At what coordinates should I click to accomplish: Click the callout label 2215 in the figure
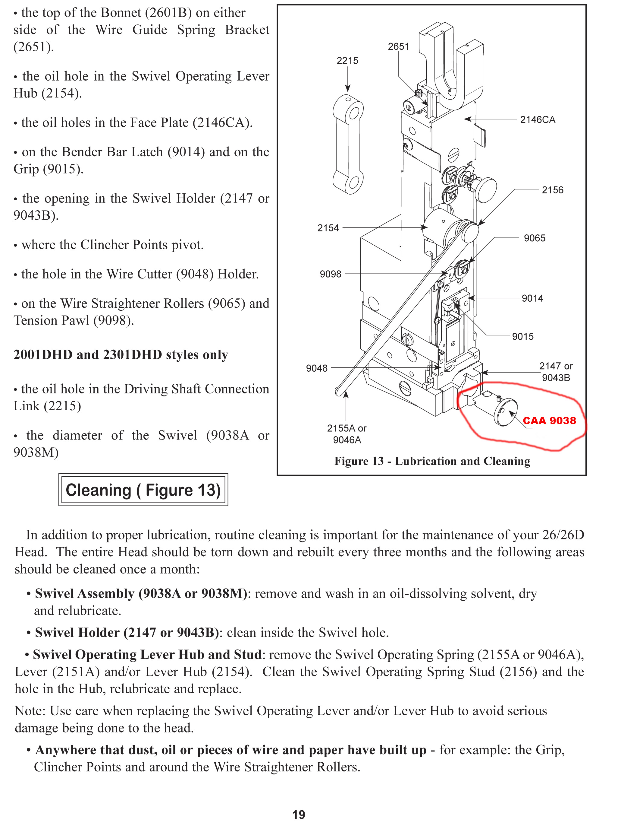[347, 61]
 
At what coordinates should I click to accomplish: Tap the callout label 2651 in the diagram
[398, 47]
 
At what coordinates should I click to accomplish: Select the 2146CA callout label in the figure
[538, 120]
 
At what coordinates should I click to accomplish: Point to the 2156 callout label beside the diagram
[552, 190]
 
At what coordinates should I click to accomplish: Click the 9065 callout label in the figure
[535, 238]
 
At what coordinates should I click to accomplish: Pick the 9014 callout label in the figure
[532, 298]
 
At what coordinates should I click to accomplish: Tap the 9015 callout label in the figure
[522, 337]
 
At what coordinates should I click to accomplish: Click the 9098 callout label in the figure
[331, 274]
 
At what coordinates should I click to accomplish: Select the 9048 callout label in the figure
[317, 369]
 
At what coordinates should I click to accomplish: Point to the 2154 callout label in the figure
[328, 228]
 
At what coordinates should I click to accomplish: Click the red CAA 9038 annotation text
[549, 421]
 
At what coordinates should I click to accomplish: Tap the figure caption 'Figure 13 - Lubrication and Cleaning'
[432, 461]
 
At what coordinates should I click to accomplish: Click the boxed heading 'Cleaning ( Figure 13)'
[143, 490]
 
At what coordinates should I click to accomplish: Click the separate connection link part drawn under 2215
[348, 145]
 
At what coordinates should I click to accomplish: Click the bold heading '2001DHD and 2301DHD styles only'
[121, 355]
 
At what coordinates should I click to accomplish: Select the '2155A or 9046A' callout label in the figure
[347, 434]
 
